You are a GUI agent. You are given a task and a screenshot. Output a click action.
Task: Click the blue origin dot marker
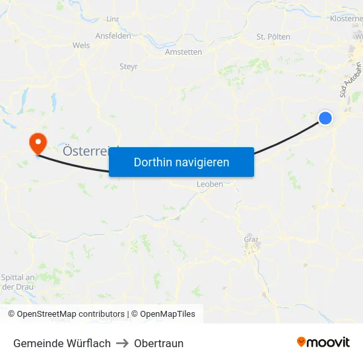coord(325,118)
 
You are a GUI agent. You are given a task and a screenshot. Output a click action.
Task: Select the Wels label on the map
coord(81,46)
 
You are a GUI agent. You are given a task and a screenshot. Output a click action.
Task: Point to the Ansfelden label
coord(113,36)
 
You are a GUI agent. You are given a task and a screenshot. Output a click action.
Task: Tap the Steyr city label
coord(129,66)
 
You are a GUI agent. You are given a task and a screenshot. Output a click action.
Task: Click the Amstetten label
coord(183,51)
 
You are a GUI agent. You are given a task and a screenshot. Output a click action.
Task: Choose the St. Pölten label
coord(273,37)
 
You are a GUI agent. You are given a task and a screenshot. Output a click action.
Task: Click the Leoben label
coord(210,184)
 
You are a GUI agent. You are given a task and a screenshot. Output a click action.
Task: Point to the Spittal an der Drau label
coord(18,281)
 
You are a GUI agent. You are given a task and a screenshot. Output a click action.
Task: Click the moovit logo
coord(323,342)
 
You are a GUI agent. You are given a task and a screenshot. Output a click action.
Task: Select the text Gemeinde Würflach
coord(62,343)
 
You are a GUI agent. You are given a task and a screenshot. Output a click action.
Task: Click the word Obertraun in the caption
coord(158,343)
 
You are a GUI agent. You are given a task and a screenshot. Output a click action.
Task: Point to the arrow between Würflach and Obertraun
coord(122,343)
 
